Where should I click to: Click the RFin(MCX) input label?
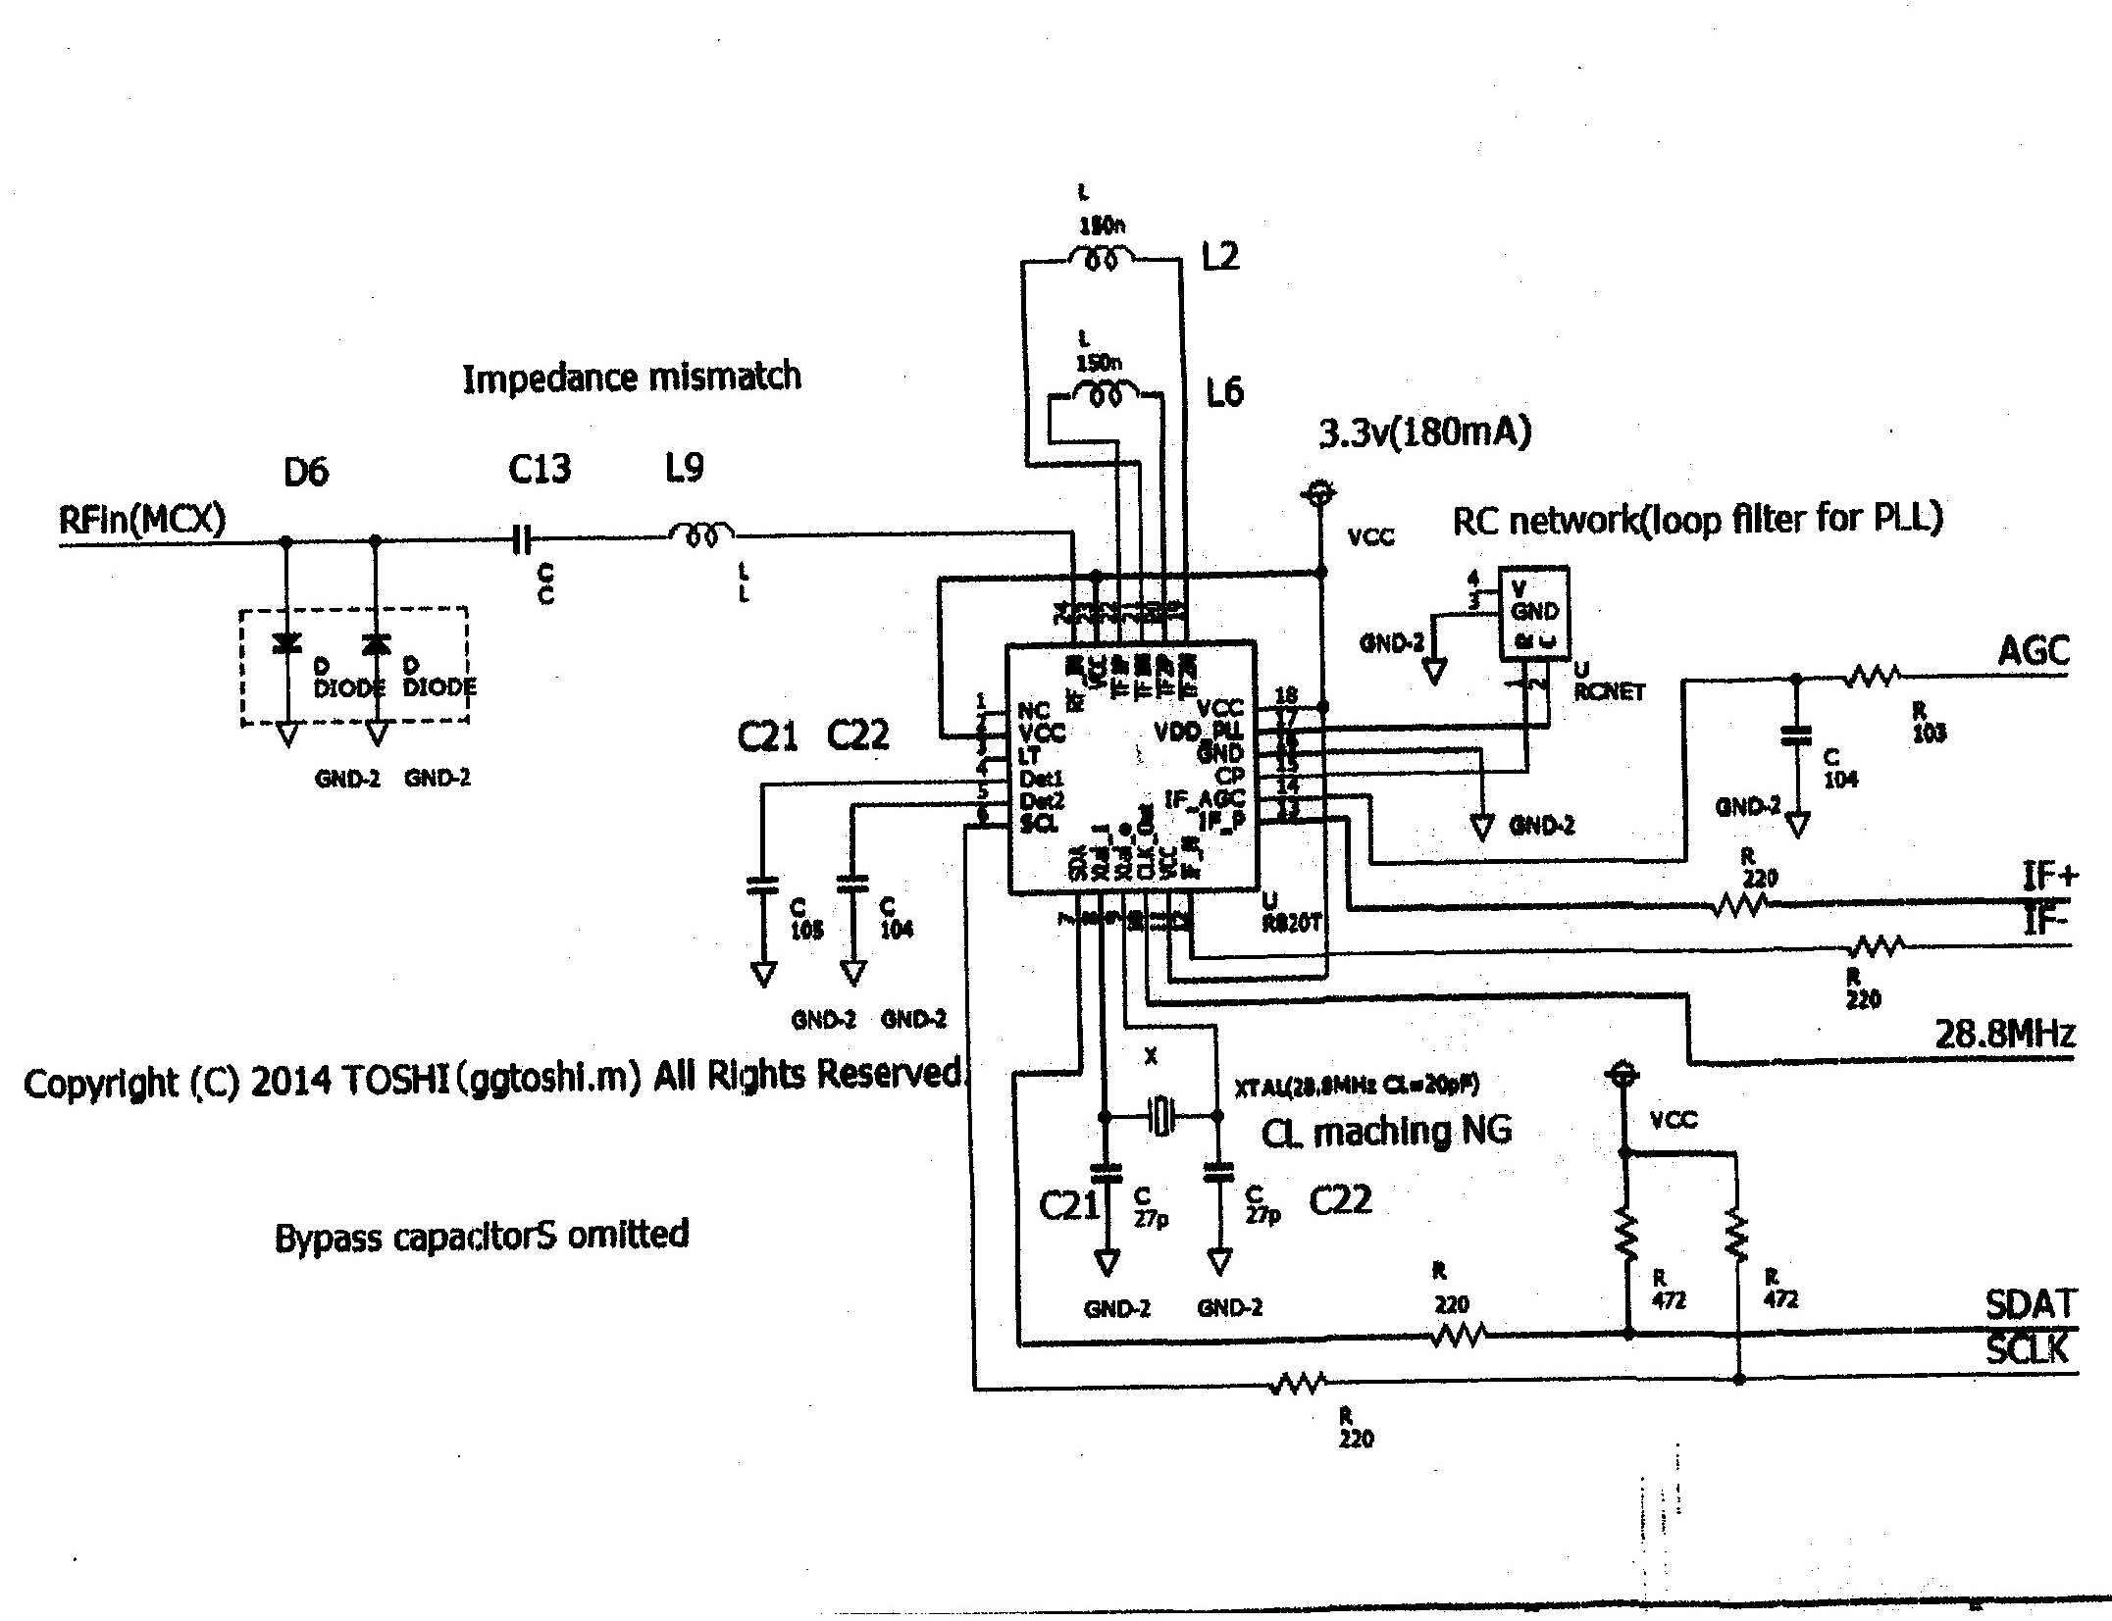tap(142, 519)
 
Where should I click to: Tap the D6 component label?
tap(306, 474)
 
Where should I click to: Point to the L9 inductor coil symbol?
tap(701, 535)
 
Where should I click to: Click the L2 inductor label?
tap(1220, 257)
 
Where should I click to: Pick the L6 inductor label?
tap(1224, 392)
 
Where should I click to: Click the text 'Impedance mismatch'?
tap(631, 378)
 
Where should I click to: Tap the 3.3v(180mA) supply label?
tap(1424, 432)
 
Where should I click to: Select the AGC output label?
tap(2034, 651)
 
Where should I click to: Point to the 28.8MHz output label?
tap(2004, 1035)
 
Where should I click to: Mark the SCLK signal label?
tap(2028, 1349)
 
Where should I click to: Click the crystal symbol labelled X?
tap(1162, 1116)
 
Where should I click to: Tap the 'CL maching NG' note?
tap(1386, 1133)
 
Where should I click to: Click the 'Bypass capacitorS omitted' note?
tap(482, 1236)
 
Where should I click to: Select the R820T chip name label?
tap(1292, 923)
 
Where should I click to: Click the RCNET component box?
tap(1534, 613)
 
